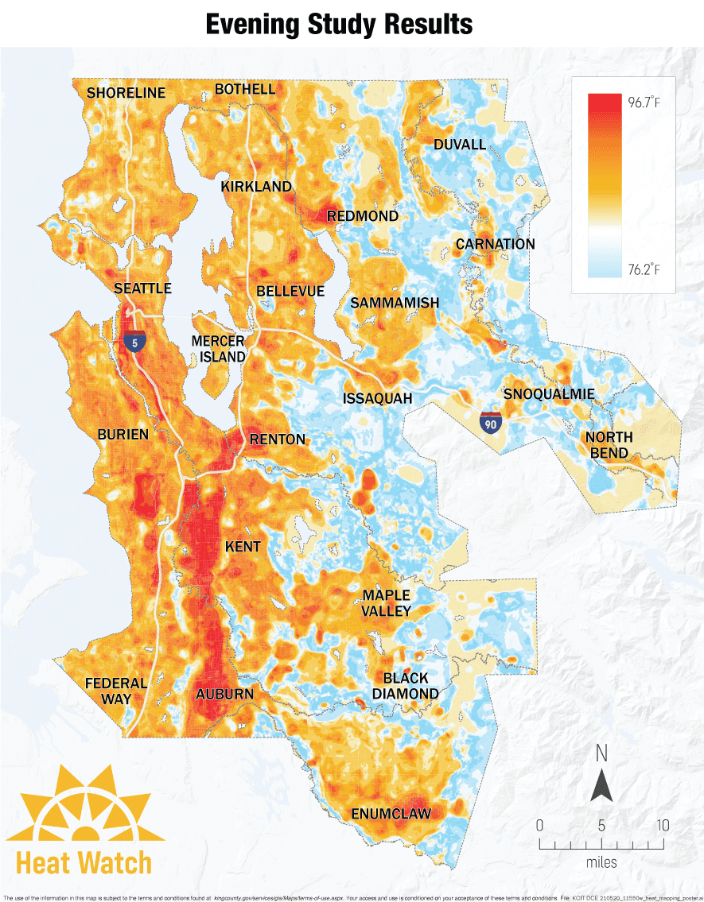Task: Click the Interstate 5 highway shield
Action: (x=134, y=342)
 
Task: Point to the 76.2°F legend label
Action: (x=644, y=269)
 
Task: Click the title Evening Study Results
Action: (x=339, y=24)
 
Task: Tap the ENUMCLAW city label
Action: (x=391, y=814)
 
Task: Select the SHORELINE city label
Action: (x=126, y=93)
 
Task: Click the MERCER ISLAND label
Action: (x=218, y=349)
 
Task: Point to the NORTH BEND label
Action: (x=609, y=445)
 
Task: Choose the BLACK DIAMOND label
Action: (x=410, y=686)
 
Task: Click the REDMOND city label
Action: (x=362, y=216)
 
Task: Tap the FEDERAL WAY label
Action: (x=116, y=691)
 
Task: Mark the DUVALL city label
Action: (x=459, y=145)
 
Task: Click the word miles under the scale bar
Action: (x=601, y=862)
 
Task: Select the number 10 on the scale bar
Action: (x=662, y=825)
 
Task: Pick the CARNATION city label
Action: (x=495, y=244)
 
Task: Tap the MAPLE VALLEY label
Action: (x=387, y=603)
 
